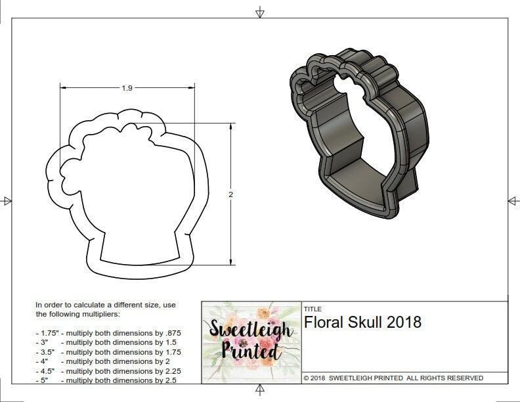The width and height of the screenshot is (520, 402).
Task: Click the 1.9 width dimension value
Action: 127,88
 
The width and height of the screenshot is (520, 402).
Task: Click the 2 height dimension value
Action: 231,194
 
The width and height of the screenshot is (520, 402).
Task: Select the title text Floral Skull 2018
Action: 362,323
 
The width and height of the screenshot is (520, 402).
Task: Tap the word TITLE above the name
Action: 312,309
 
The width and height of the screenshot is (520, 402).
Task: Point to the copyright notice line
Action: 393,378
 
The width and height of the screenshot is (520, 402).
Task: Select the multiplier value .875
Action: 172,333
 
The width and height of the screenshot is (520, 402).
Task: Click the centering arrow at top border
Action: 260,12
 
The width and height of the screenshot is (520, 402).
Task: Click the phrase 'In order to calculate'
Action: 67,305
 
